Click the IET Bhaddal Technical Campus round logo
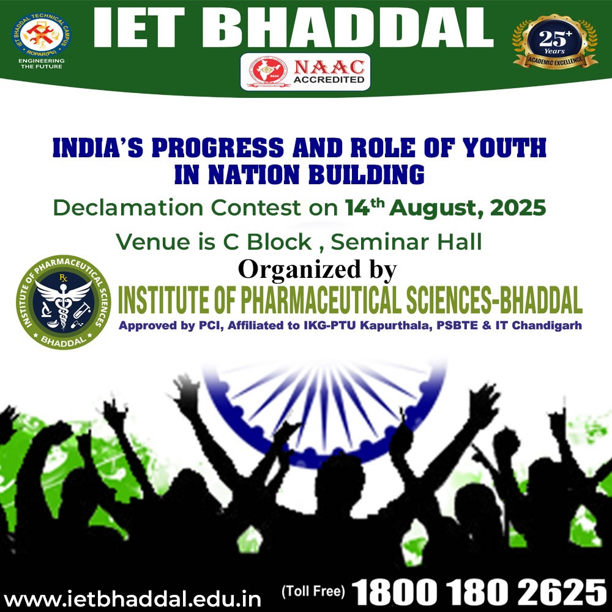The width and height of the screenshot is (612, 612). click(42, 35)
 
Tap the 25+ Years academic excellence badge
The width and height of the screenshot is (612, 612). click(554, 42)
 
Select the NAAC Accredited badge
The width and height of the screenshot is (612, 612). click(305, 72)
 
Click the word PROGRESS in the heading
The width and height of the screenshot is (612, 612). click(218, 147)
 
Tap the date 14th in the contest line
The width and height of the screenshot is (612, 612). click(362, 207)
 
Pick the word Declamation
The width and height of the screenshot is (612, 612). click(128, 207)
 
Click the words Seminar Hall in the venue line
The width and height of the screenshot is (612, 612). click(406, 242)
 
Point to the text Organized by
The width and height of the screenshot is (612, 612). click(317, 270)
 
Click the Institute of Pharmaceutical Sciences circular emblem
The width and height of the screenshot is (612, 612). click(63, 302)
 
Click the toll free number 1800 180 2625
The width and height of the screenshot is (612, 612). click(479, 592)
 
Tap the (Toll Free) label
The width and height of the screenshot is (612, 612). click(313, 591)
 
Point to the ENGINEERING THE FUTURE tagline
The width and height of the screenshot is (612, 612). click(42, 64)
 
